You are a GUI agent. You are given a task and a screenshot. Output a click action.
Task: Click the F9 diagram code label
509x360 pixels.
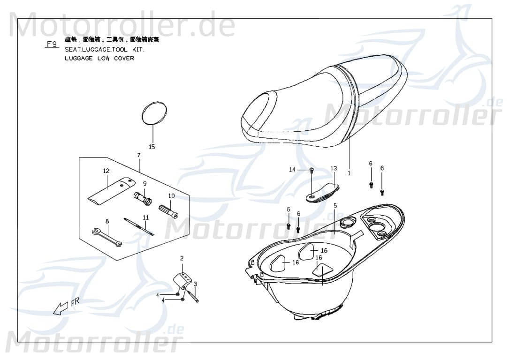click(52, 45)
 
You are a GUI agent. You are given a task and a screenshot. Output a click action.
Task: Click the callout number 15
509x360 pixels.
click(152, 147)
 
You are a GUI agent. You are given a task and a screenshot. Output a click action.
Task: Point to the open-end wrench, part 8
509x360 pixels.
click(107, 237)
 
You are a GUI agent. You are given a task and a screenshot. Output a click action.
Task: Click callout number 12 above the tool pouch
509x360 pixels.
click(106, 171)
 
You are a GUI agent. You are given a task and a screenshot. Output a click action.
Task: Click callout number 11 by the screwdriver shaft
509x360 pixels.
click(146, 217)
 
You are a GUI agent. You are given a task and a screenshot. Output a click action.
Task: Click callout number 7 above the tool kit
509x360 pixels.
click(139, 155)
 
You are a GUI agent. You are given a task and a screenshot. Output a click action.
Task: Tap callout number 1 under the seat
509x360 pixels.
click(349, 173)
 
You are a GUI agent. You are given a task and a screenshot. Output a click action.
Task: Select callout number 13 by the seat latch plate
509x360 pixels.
click(334, 168)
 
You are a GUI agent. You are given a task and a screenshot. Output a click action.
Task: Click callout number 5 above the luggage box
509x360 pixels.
click(335, 205)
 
